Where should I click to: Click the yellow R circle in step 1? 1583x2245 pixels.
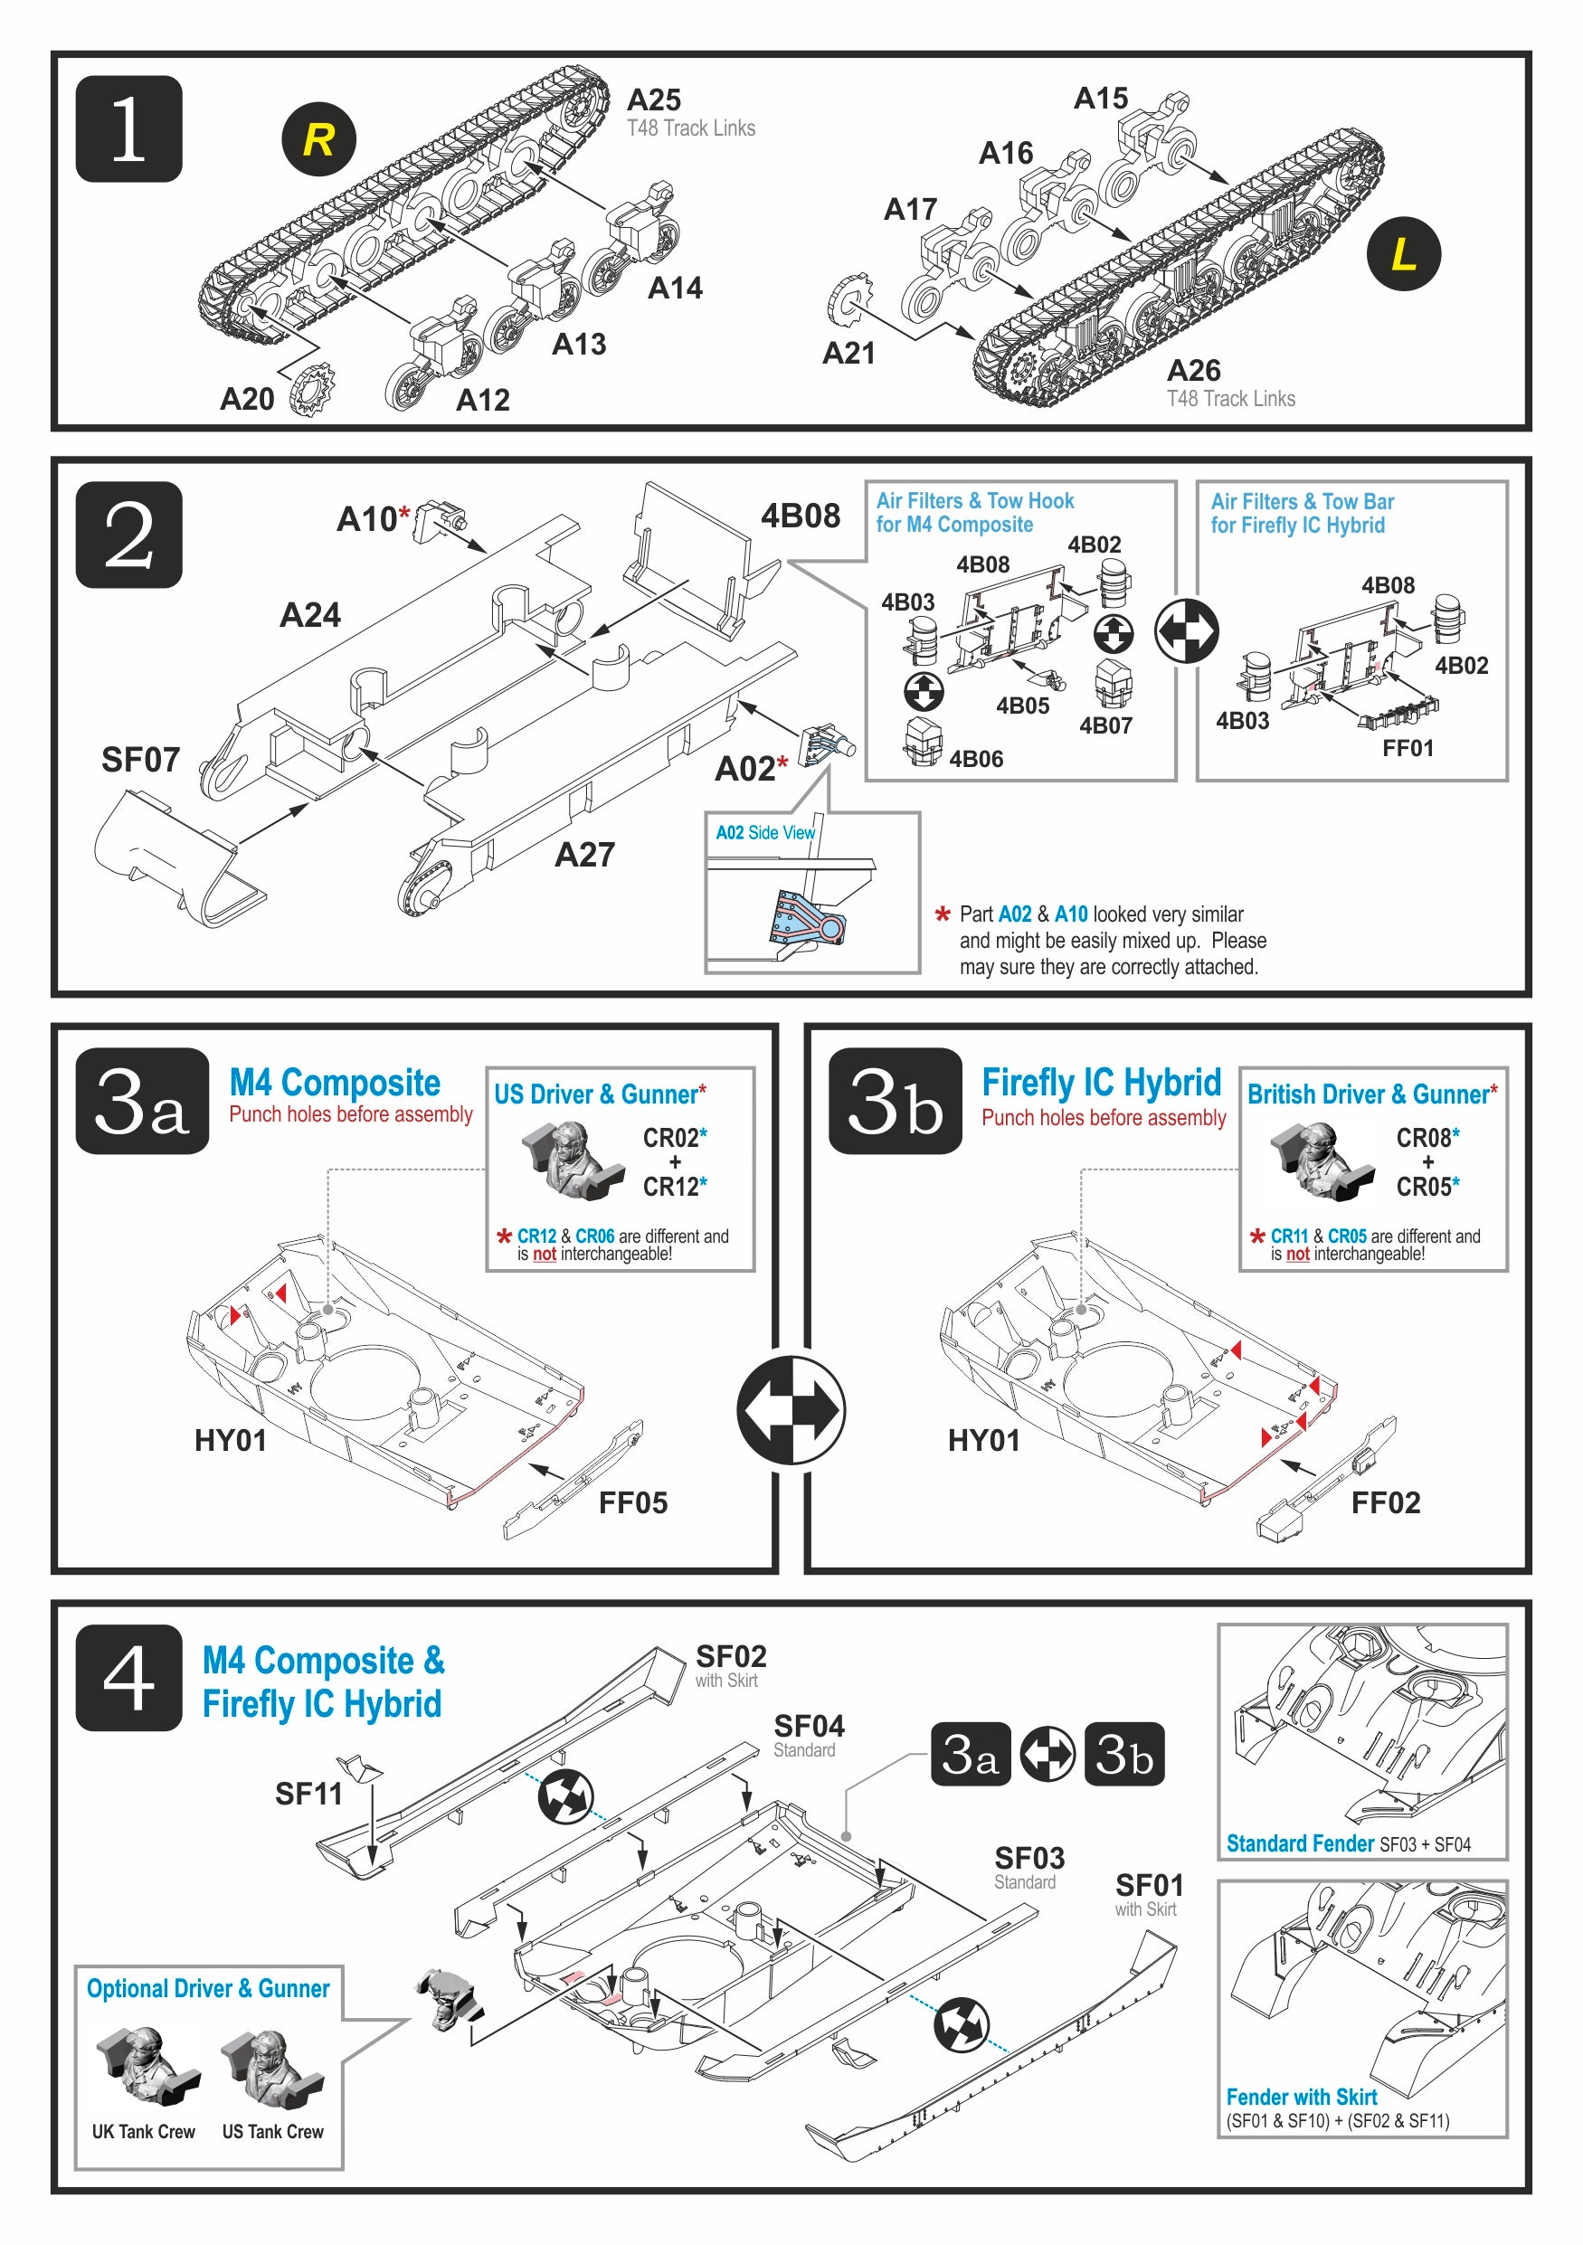point(318,139)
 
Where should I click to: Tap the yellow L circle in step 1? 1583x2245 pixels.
point(1402,253)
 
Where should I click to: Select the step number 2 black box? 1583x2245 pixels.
point(129,534)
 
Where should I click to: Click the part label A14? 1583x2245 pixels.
point(675,288)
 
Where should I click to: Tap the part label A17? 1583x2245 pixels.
point(909,209)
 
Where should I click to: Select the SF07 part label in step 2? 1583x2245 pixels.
point(140,760)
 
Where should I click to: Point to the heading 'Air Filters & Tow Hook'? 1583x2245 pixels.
point(974,500)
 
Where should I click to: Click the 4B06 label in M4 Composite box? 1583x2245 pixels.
point(975,759)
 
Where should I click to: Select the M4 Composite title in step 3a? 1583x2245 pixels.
point(335,1083)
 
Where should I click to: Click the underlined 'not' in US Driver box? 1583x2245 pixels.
point(544,1254)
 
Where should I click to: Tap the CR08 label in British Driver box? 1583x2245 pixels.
point(1423,1137)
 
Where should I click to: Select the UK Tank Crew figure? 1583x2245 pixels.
point(146,2064)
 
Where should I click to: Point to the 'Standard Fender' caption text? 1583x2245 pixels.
point(1300,1843)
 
